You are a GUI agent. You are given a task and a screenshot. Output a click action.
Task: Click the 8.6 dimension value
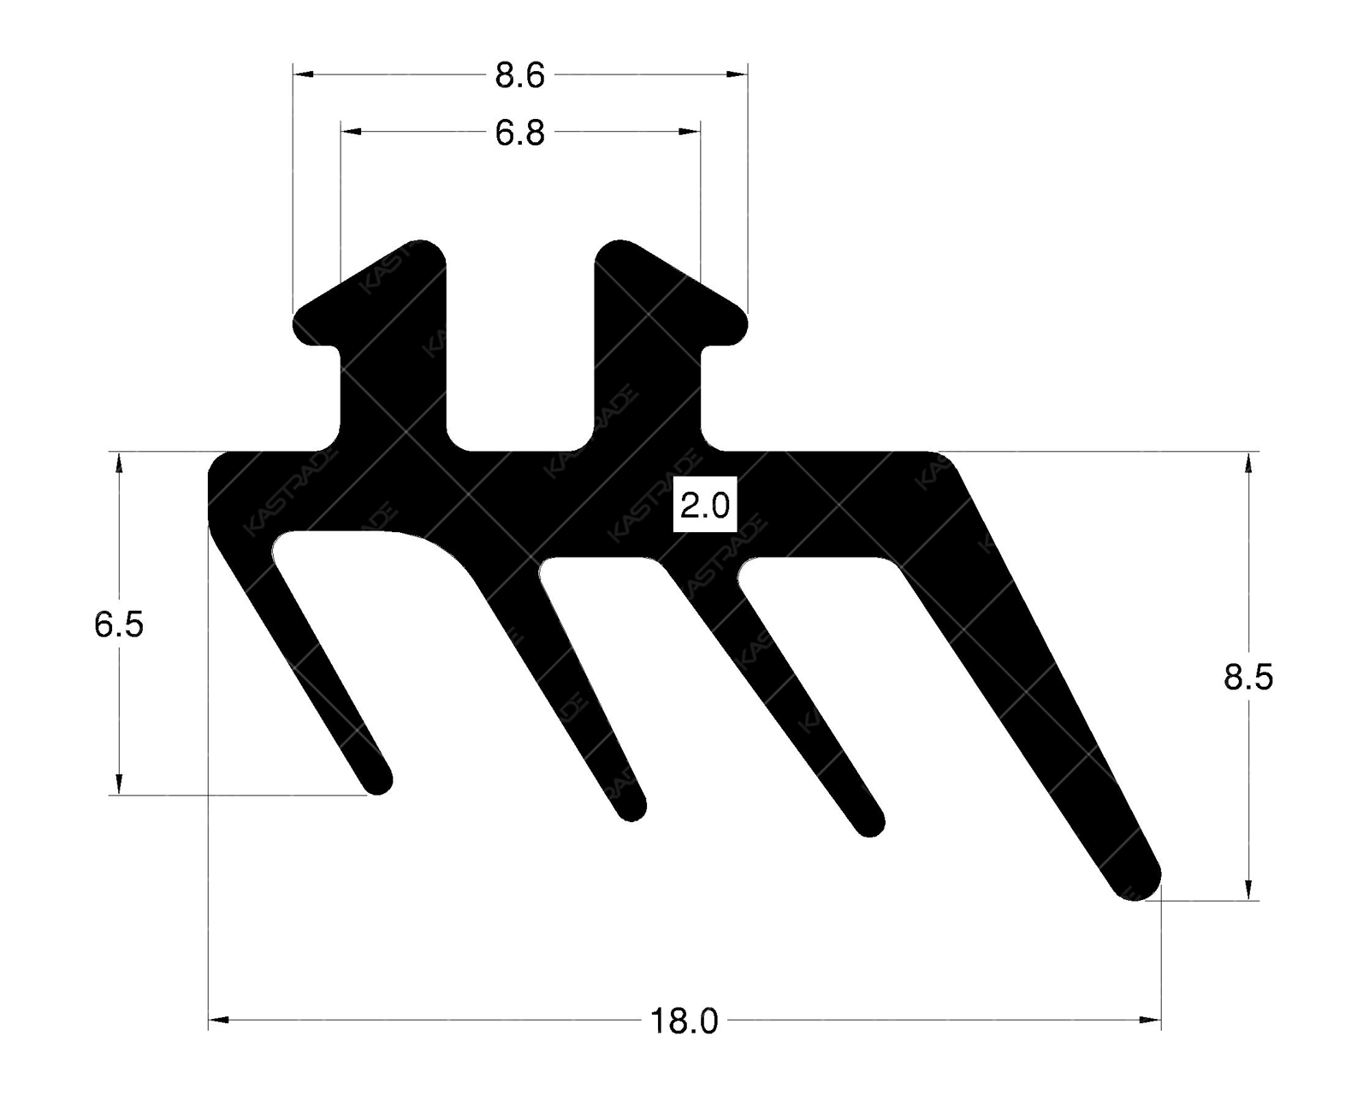pyautogui.click(x=519, y=76)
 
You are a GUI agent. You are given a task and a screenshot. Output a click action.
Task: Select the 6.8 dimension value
pyautogui.click(x=519, y=133)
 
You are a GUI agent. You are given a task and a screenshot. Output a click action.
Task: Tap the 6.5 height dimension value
pyautogui.click(x=119, y=625)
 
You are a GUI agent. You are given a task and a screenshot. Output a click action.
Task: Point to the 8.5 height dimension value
pyautogui.click(x=1248, y=677)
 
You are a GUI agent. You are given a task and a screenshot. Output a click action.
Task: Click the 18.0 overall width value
pyautogui.click(x=684, y=1021)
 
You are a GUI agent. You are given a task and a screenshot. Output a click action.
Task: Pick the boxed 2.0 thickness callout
pyautogui.click(x=704, y=506)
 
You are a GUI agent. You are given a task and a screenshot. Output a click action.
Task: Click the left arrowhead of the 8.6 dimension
pyautogui.click(x=303, y=75)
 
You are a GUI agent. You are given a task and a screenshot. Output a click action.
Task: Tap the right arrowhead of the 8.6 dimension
pyautogui.click(x=738, y=75)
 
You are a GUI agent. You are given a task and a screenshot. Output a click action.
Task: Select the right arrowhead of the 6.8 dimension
pyautogui.click(x=690, y=132)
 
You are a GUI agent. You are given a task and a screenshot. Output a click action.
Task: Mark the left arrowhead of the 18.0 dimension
pyautogui.click(x=219, y=1020)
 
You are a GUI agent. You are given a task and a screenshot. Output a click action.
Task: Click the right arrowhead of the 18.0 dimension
pyautogui.click(x=1151, y=1020)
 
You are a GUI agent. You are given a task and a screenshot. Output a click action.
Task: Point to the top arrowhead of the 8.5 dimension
pyautogui.click(x=1248, y=462)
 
